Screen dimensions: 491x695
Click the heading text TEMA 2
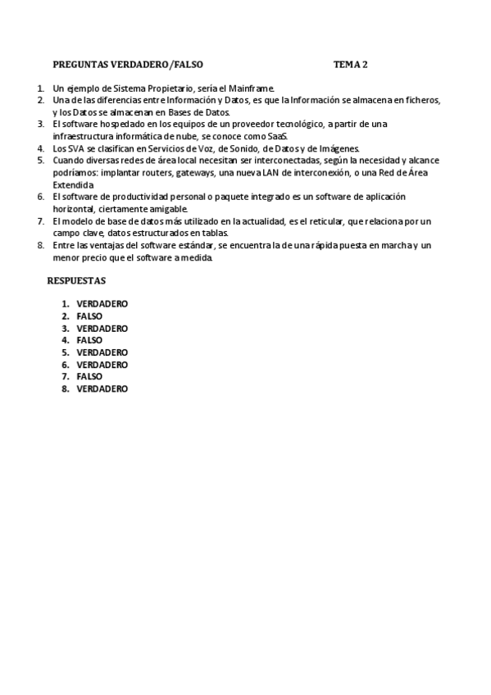(x=351, y=63)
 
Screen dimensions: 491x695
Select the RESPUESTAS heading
(x=76, y=280)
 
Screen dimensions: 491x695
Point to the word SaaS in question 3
(x=278, y=136)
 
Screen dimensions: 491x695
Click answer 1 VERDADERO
(x=102, y=303)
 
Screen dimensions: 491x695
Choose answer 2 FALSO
(x=89, y=316)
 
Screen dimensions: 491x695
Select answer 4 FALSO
(x=89, y=340)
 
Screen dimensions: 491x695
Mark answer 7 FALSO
(x=89, y=376)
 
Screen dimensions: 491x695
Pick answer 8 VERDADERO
(x=102, y=388)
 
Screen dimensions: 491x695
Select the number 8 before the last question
(x=40, y=246)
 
